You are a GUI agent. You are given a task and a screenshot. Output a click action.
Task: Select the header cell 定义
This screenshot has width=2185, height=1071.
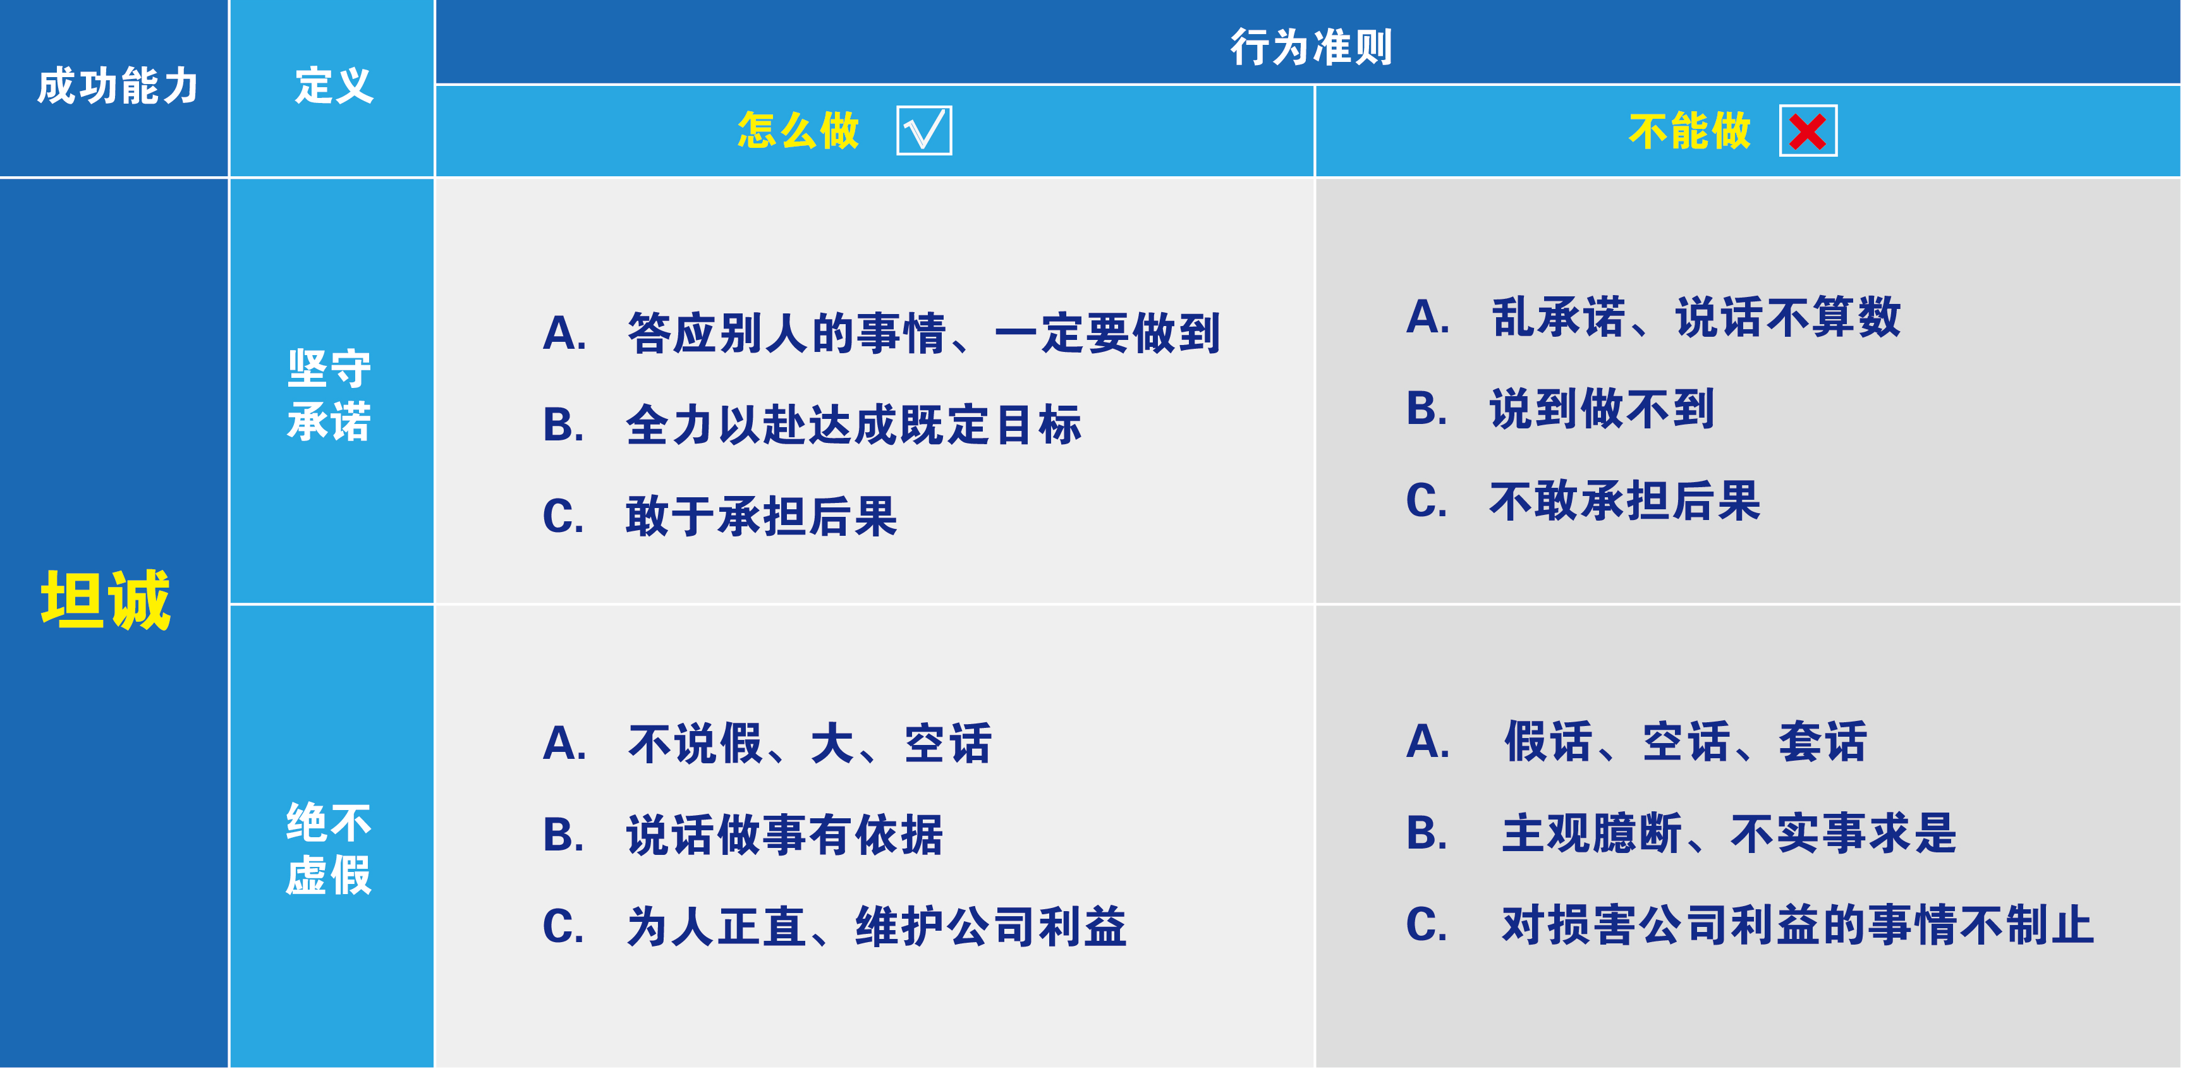coord(333,87)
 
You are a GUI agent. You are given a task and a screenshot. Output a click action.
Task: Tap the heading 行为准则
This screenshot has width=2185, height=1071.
coord(1310,47)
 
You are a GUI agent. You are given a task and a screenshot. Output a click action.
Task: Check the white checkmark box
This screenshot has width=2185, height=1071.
coord(923,131)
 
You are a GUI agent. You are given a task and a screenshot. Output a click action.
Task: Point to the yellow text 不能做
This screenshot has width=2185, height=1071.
coord(1689,131)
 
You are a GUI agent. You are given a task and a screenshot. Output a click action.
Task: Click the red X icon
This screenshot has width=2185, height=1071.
coord(1808,131)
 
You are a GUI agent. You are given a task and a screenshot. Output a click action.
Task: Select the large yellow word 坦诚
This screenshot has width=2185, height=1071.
coord(106,600)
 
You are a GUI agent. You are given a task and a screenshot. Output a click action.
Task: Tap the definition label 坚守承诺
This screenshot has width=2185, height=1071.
coord(329,395)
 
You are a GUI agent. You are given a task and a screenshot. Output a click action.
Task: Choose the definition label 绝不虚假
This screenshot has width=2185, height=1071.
coord(329,849)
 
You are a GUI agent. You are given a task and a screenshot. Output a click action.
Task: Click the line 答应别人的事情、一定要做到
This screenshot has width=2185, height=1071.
coord(923,333)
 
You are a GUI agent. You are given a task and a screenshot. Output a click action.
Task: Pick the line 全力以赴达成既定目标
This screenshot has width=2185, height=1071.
coord(853,425)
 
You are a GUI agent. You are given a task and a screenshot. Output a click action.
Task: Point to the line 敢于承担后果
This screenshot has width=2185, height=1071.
coord(761,516)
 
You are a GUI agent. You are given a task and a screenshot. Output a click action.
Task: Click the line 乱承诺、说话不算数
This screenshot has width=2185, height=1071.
coord(1696,318)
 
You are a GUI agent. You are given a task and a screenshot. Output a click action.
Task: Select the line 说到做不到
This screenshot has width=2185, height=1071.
coord(1602,409)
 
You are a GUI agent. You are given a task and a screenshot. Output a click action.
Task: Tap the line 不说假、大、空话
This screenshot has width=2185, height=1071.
coord(809,744)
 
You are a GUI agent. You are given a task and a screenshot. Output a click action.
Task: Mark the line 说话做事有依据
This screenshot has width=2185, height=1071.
coord(784,835)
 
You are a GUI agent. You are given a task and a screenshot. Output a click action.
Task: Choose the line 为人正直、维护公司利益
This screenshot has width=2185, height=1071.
coord(876,926)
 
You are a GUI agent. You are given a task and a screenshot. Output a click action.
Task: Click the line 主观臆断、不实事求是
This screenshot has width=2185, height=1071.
coord(1729,833)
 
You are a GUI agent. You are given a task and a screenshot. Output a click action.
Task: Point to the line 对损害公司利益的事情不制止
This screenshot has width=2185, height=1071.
coord(1798,924)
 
